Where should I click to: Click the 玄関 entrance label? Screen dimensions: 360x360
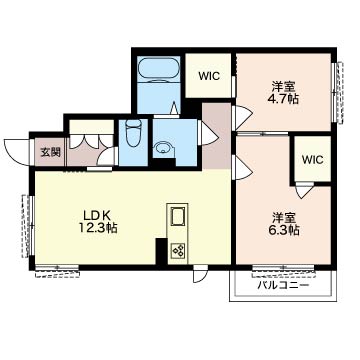point(51,152)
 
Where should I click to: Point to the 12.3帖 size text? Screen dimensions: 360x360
point(98,228)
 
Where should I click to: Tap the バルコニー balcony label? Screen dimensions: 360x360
point(283,285)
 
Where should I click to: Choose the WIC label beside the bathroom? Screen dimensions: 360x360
point(209,76)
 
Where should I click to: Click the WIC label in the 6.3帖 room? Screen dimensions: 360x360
point(313,160)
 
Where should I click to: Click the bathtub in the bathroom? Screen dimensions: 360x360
point(158,70)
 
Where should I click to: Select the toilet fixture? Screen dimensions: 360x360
point(134,134)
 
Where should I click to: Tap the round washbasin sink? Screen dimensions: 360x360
point(163,148)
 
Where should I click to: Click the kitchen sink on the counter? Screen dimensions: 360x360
point(178,217)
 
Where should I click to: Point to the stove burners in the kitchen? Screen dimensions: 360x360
point(178,251)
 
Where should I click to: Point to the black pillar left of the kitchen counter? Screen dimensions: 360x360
point(161,252)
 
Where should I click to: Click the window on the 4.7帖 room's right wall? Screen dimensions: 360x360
point(338,92)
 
